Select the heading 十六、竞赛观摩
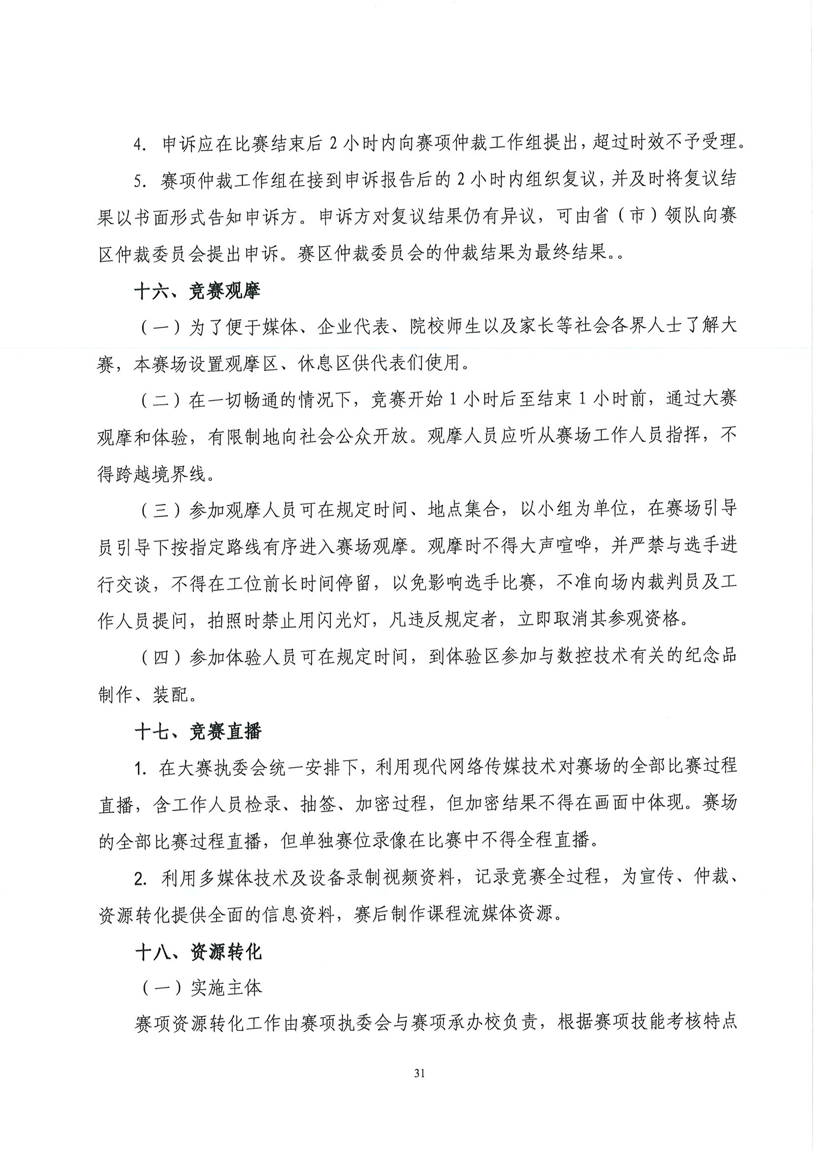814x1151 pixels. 197,291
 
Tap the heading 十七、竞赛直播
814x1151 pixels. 198,732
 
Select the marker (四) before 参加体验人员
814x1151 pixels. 160,657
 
